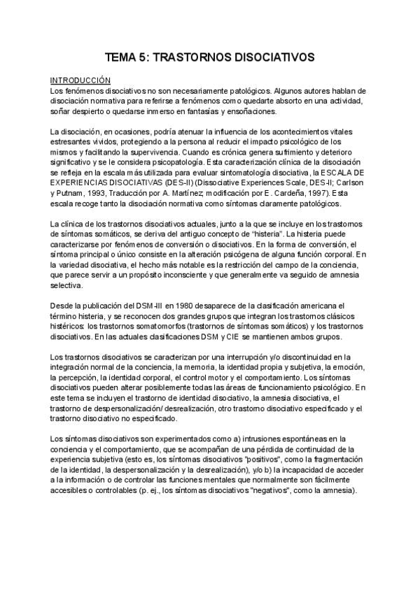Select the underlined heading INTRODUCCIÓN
[80, 81]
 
